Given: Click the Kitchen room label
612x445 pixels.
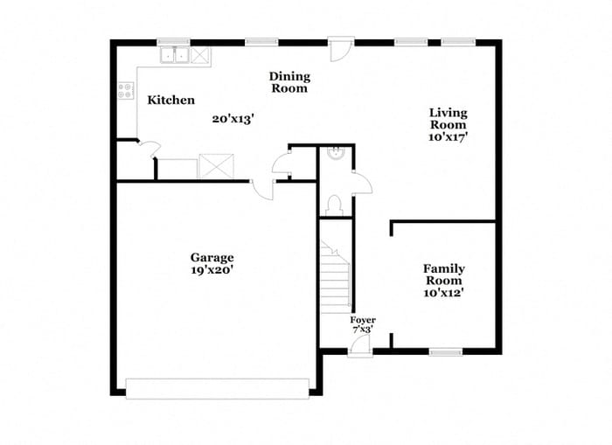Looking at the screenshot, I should coord(170,101).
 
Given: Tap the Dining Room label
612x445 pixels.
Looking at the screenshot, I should coord(289,82).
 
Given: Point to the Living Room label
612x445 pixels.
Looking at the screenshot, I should coord(448,118).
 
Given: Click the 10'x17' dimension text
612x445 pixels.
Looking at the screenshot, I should coord(448,137).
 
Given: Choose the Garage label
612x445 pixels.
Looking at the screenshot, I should coord(212,257).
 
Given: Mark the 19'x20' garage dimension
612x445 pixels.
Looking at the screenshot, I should coord(212,270).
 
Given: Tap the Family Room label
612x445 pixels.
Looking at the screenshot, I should coord(444,275).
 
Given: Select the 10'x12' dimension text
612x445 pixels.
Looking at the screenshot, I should coord(444,294).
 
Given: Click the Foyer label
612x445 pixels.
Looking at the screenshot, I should coord(363,320).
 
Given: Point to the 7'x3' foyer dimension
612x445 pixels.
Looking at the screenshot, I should coord(363,330).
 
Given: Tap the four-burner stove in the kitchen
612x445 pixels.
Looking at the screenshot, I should coord(125,91).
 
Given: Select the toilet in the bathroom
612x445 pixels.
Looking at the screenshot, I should coord(332,205).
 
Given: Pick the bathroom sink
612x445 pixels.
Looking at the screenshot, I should coord(335,153).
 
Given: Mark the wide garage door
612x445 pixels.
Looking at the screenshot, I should coord(217,388).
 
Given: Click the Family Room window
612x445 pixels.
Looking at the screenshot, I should coord(445,351).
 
